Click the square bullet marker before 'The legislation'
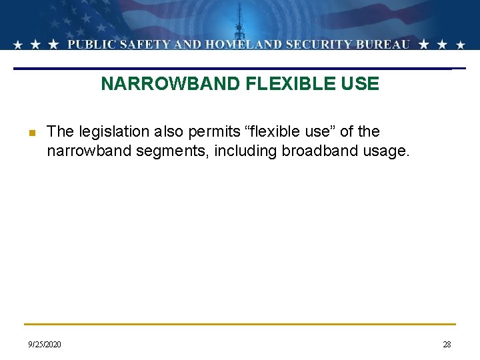pyautogui.click(x=31, y=133)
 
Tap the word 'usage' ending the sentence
pyautogui.click(x=385, y=151)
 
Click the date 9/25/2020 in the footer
pyautogui.click(x=44, y=345)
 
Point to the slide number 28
pyautogui.click(x=447, y=345)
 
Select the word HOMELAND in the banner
pyautogui.click(x=239, y=45)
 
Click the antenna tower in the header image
pyautogui.click(x=239, y=23)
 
